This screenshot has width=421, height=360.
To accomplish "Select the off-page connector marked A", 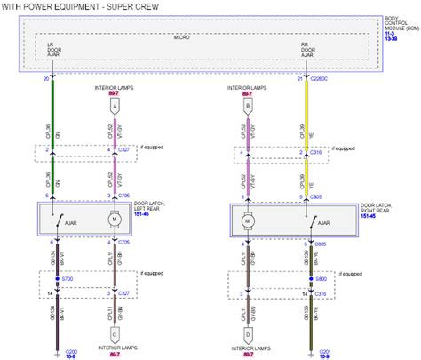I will pyautogui.click(x=113, y=104).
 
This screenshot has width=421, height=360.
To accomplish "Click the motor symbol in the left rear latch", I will pyautogui.click(x=113, y=218).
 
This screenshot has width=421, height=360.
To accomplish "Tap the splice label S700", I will pyautogui.click(x=68, y=278).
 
